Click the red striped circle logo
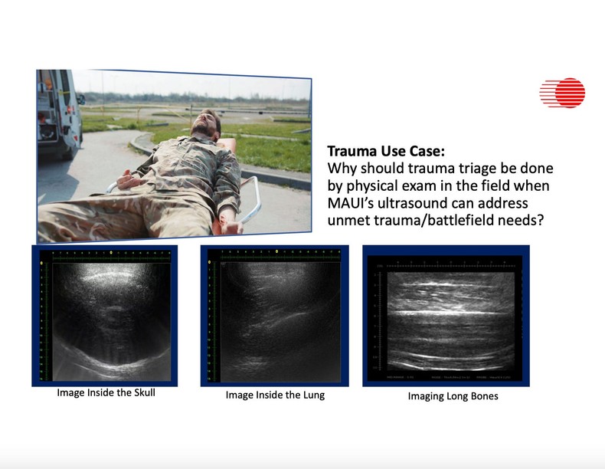563,93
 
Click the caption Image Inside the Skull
106,394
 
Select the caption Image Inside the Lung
275,395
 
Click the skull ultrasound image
105,315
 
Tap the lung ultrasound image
274,315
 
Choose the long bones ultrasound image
446,316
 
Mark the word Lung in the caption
310,395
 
